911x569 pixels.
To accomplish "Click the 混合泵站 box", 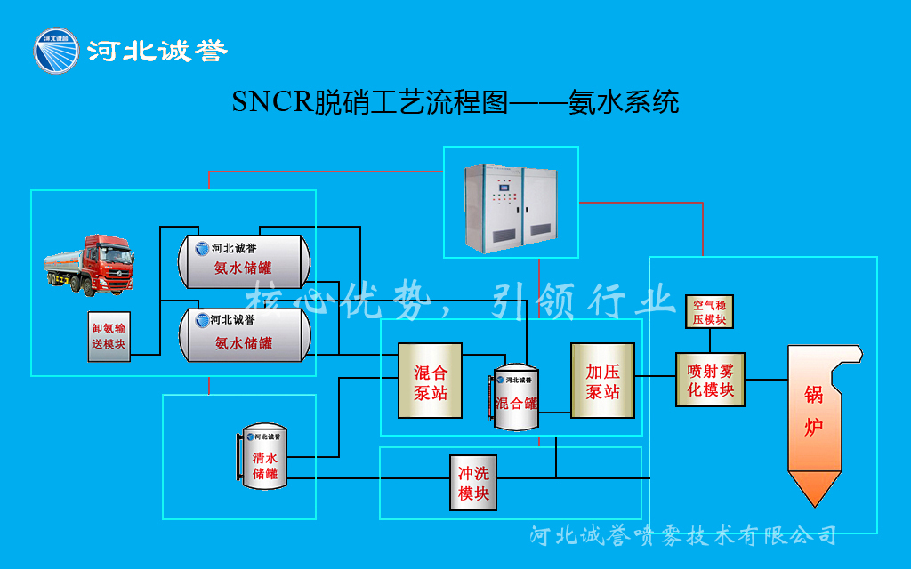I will coord(430,381).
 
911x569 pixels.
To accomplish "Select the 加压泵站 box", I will coord(602,380).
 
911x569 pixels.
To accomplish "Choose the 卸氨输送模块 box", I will coord(109,335).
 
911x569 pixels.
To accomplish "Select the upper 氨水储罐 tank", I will coord(244,260).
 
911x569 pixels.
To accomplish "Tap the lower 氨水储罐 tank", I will coord(244,333).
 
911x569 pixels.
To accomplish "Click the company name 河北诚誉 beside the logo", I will coord(157,51).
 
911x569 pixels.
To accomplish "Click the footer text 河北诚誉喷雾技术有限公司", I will coord(682,535).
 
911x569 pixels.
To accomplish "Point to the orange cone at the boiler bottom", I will coord(815,487).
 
